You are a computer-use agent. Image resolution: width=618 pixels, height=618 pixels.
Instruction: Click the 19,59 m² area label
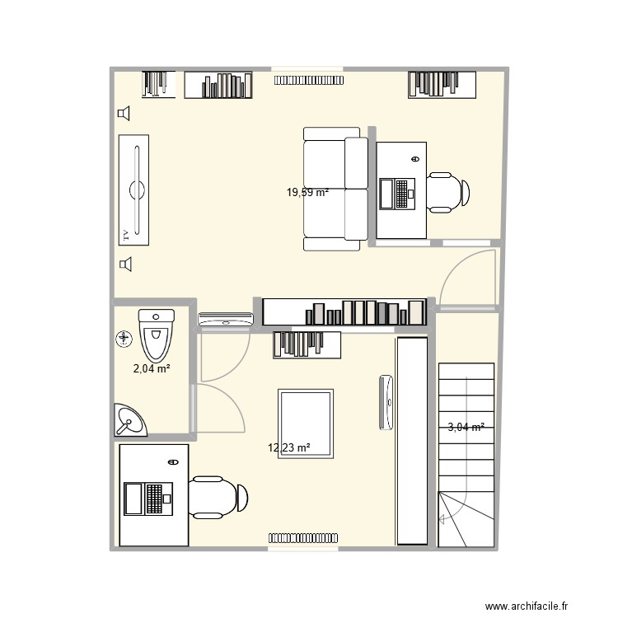click(307, 193)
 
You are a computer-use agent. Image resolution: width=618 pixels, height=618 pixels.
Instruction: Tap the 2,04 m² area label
click(152, 369)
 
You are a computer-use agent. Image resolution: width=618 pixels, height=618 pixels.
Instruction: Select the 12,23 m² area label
click(288, 448)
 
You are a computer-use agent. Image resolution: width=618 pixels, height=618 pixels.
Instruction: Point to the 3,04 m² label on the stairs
click(466, 427)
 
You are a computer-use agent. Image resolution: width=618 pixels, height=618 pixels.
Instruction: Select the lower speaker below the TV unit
click(125, 265)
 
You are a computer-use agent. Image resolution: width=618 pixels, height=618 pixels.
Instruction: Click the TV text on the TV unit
click(125, 234)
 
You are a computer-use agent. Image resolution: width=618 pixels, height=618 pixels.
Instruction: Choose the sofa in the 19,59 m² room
click(335, 189)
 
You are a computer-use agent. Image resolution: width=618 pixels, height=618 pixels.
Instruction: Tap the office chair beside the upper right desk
click(447, 192)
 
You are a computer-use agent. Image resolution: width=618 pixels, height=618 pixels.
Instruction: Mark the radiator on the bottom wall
click(302, 538)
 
